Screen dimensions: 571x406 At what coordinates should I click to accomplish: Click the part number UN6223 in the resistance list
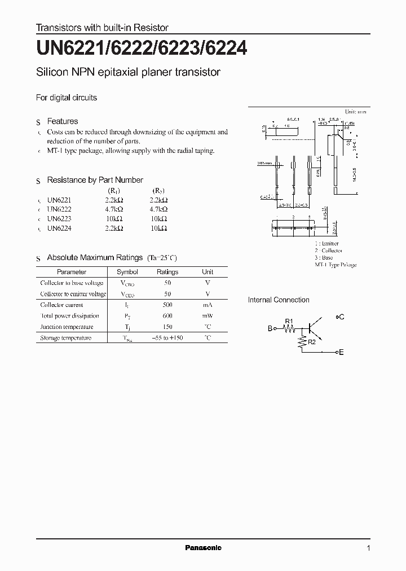[x=59, y=219]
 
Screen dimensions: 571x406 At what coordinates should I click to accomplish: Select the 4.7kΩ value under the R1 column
[x=114, y=209]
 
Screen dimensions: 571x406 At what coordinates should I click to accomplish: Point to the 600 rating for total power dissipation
[x=167, y=316]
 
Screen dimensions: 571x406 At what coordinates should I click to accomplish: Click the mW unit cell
[x=208, y=316]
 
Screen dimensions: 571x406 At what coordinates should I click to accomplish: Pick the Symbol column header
[x=127, y=272]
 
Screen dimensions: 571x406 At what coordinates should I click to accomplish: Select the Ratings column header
[x=167, y=272]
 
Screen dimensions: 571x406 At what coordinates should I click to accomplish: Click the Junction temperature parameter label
[x=66, y=327]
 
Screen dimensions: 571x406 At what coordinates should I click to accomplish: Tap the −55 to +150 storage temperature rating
[x=167, y=338]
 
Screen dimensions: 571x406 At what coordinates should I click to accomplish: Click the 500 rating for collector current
[x=167, y=305]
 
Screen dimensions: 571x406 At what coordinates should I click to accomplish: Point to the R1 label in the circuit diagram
[x=289, y=322]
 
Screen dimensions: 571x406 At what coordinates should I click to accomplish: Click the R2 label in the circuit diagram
[x=312, y=341]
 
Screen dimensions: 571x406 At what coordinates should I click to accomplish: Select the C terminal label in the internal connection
[x=341, y=317]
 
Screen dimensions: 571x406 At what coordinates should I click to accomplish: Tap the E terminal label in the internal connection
[x=341, y=352]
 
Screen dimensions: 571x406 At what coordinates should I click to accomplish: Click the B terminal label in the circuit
[x=270, y=328]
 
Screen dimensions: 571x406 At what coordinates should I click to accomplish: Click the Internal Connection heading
[x=279, y=300]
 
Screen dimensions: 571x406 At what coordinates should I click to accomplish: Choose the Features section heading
[x=62, y=121]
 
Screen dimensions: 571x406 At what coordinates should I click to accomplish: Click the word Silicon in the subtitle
[x=51, y=72]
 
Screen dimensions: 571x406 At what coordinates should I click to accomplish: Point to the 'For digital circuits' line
[x=67, y=98]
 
